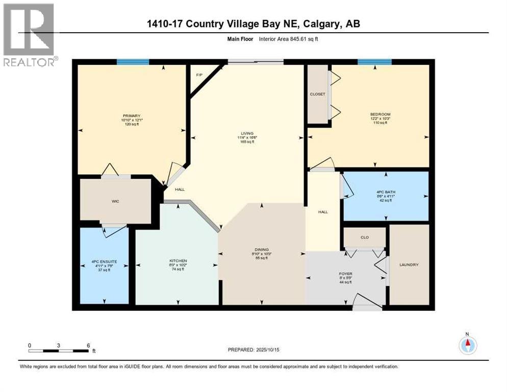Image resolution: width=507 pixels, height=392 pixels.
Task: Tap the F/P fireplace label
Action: click(199, 75)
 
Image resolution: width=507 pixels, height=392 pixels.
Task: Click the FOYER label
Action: click(346, 274)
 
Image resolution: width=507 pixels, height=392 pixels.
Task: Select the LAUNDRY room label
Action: click(409, 264)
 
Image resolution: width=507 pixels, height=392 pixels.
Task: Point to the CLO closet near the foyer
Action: click(364, 237)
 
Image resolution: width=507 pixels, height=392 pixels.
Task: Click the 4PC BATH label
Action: click(386, 192)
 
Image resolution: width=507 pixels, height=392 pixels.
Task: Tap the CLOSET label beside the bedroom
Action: click(317, 94)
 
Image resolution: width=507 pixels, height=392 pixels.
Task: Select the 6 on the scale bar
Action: click(88, 345)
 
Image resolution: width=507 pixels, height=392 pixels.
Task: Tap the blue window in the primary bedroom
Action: click(133, 62)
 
